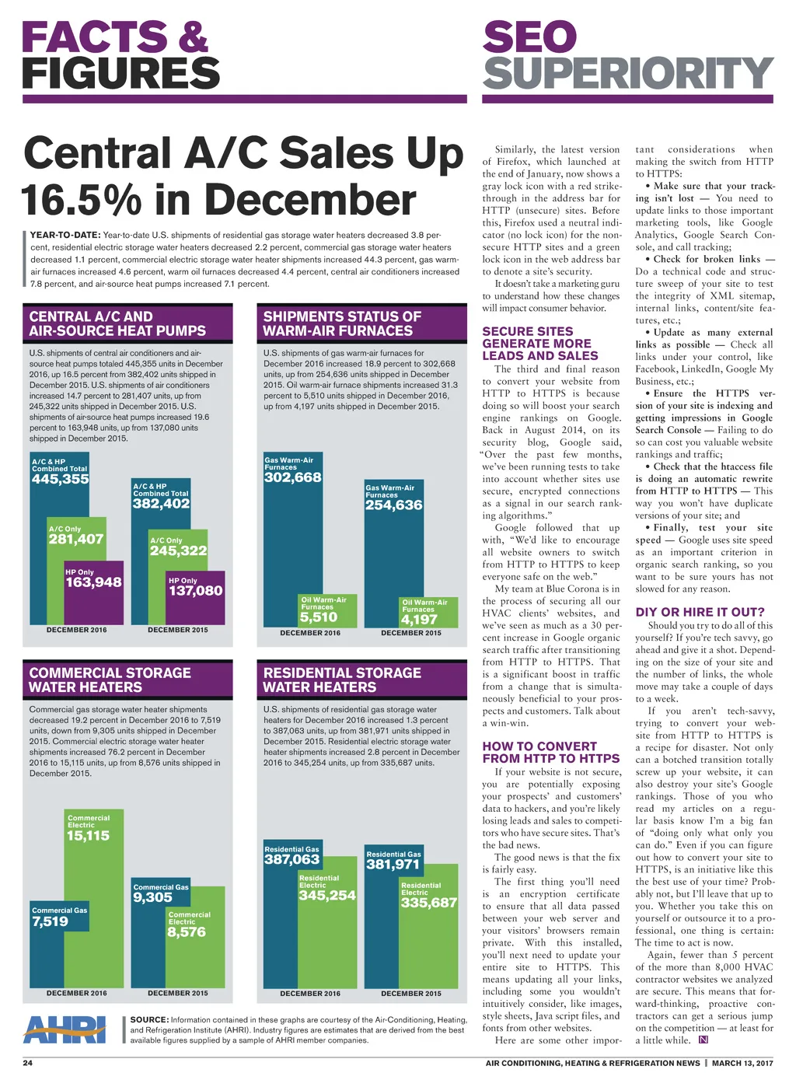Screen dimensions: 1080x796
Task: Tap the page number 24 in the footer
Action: pos(27,1063)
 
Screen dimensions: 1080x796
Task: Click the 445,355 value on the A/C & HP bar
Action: pos(61,479)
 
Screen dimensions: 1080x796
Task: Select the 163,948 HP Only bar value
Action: pos(93,582)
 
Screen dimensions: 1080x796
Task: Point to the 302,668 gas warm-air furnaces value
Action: pos(293,477)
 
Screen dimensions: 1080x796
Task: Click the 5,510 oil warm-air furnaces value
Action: pos(319,617)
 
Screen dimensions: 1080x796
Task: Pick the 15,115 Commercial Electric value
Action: pos(88,836)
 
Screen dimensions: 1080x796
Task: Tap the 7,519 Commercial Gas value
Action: pos(51,921)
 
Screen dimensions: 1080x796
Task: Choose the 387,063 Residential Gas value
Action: pos(292,859)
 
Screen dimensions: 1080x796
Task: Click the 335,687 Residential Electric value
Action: pos(429,903)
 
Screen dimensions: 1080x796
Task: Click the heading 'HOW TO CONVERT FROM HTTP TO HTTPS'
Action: pos(551,752)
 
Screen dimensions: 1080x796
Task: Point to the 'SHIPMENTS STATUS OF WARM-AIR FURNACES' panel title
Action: pos(342,323)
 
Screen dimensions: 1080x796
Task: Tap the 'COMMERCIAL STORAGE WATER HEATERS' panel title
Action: pos(110,680)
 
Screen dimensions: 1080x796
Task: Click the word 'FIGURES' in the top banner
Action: pos(121,74)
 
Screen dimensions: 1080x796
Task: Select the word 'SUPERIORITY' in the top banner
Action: pos(628,74)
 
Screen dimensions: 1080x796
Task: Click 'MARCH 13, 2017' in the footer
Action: pos(742,1063)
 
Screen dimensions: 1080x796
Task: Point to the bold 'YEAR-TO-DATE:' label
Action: pos(65,235)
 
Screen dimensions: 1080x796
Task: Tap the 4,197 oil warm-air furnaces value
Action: pos(419,620)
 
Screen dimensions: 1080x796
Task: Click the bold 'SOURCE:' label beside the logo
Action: pos(149,1019)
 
